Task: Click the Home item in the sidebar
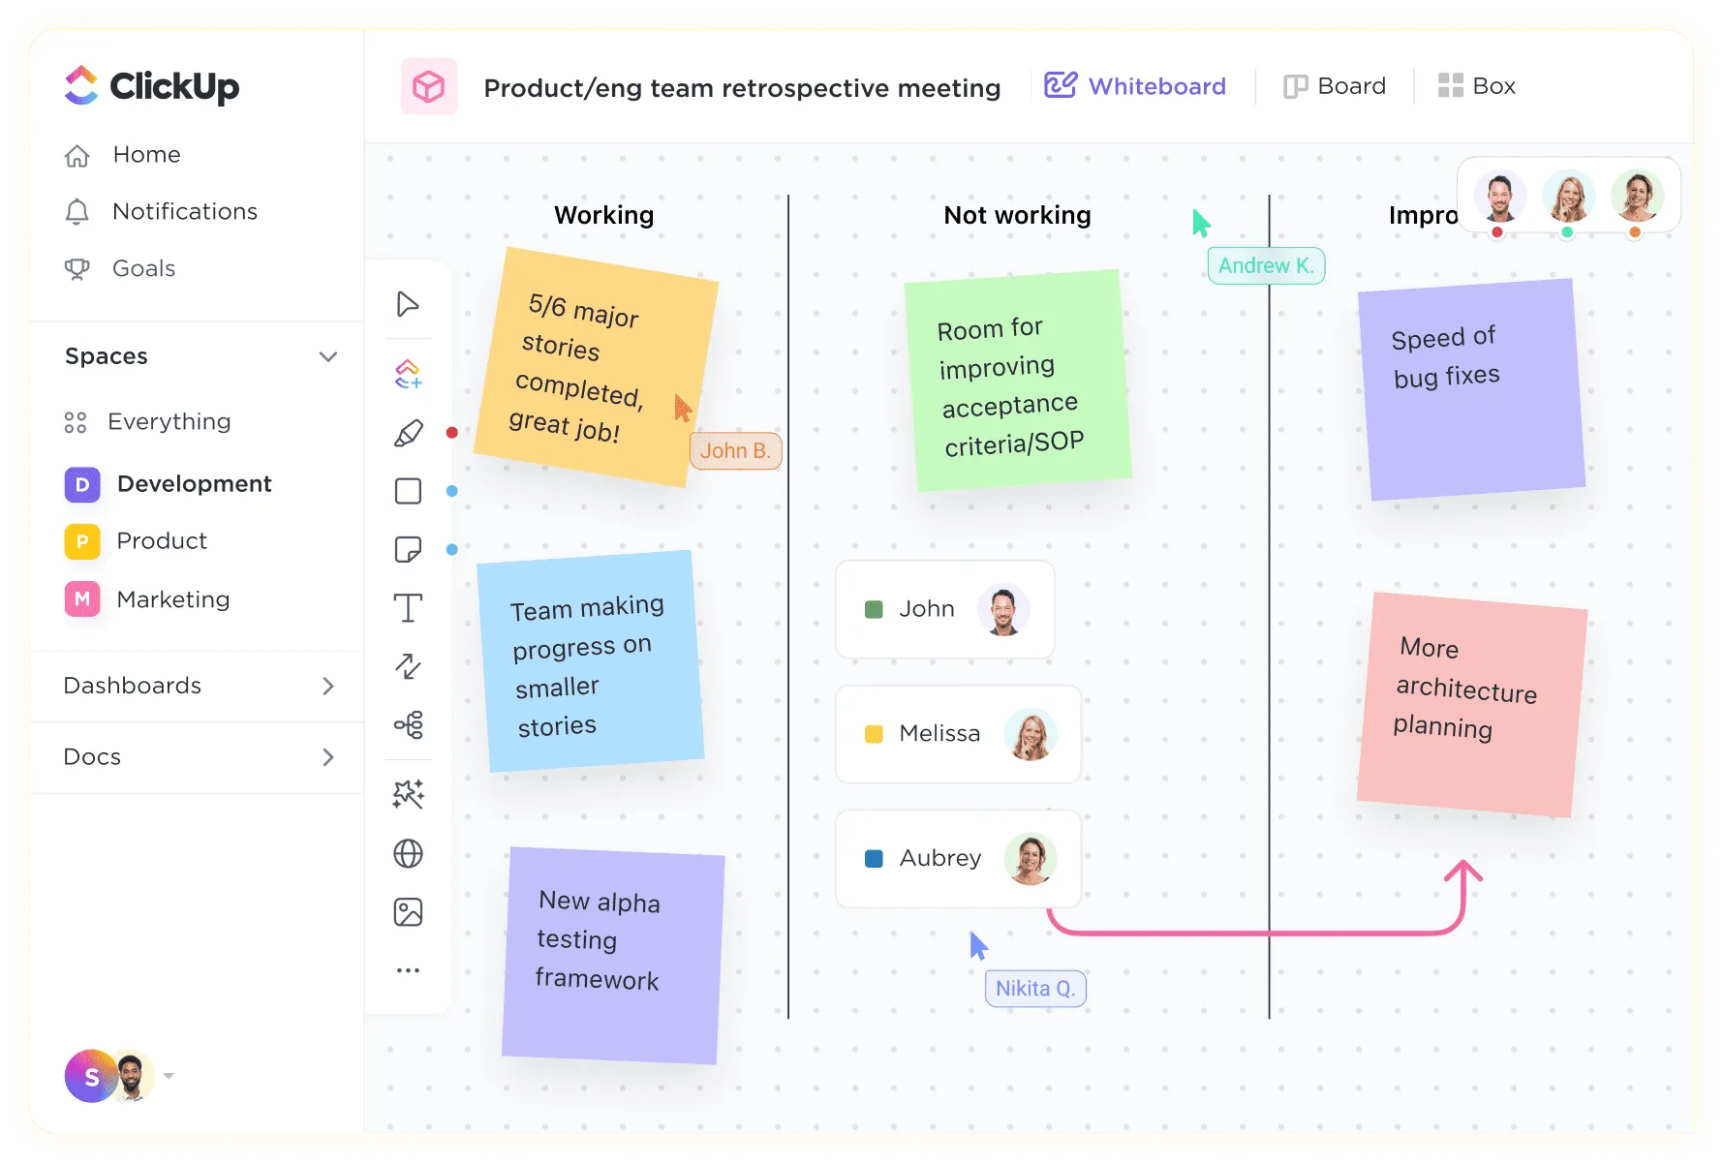pos(122,155)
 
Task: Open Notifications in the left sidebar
pos(161,211)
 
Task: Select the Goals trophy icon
pos(77,268)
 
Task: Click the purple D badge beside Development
pos(82,484)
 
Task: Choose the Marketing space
pos(147,599)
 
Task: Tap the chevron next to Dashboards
pos(328,686)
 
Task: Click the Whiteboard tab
pos(1135,86)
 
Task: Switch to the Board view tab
pos(1335,86)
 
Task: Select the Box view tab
pos(1477,86)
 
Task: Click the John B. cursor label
pos(735,450)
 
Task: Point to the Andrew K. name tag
pos(1266,265)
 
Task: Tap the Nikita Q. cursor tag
pos(1035,988)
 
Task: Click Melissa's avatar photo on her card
pos(1031,734)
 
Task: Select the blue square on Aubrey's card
pos(874,858)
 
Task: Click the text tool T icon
pos(408,608)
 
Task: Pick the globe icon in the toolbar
pos(408,853)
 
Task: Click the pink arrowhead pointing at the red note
pos(1463,871)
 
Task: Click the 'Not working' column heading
pos(1017,215)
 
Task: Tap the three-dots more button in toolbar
pos(408,969)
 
